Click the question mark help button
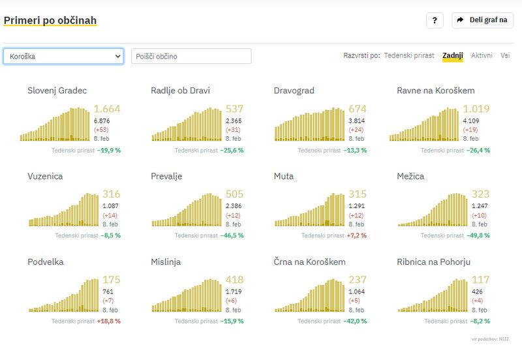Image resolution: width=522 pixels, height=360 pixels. click(x=435, y=20)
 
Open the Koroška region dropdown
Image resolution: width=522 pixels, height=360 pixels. click(x=63, y=56)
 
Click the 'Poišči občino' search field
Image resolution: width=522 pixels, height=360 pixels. click(x=191, y=56)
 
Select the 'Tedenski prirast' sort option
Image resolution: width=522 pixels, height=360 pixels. click(x=409, y=56)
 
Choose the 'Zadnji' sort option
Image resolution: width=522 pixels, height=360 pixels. click(x=452, y=56)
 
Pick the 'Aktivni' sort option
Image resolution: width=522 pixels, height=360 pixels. click(x=482, y=56)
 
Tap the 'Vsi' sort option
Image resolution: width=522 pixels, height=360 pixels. click(x=505, y=56)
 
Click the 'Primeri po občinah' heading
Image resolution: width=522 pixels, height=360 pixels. click(x=50, y=20)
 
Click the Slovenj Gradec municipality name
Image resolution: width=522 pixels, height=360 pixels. click(x=57, y=91)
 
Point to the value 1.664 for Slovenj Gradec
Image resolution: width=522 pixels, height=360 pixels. click(x=107, y=109)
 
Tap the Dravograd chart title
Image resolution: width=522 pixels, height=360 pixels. click(x=294, y=91)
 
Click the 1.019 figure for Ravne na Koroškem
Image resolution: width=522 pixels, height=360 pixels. click(x=476, y=109)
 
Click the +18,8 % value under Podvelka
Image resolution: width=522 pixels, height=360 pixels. click(x=109, y=321)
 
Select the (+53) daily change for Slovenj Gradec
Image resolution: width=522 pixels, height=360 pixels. click(x=101, y=130)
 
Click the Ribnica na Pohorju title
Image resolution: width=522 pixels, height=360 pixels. click(x=433, y=262)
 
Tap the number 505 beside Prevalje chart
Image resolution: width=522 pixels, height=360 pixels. click(x=234, y=194)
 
